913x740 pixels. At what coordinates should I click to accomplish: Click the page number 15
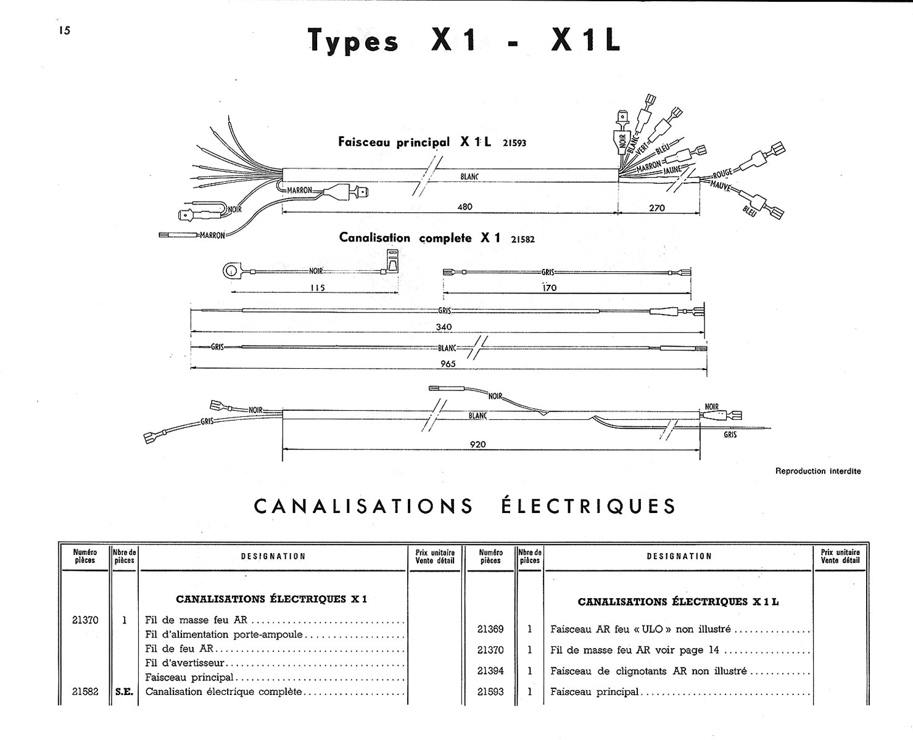(x=64, y=30)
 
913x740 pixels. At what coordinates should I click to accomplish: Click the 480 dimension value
(x=465, y=207)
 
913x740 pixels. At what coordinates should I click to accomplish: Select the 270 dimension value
(x=658, y=208)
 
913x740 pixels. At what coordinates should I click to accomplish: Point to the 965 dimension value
(x=448, y=364)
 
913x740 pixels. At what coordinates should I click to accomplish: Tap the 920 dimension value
(x=477, y=444)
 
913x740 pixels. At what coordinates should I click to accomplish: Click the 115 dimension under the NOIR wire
(x=317, y=287)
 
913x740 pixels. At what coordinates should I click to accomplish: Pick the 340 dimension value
(x=444, y=327)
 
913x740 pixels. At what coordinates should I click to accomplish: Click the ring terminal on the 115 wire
(x=231, y=270)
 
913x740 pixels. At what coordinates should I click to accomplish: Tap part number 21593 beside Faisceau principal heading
(x=514, y=143)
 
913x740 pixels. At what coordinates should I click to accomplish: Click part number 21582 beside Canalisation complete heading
(x=523, y=239)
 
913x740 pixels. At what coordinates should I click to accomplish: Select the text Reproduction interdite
(x=817, y=471)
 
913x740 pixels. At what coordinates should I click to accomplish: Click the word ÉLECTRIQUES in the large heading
(x=586, y=506)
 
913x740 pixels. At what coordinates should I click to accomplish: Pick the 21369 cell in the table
(x=490, y=629)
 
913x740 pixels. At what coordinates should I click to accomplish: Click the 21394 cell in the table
(x=490, y=671)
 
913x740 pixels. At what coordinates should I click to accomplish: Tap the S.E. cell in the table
(x=124, y=692)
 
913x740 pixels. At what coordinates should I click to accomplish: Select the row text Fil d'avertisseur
(x=185, y=663)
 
